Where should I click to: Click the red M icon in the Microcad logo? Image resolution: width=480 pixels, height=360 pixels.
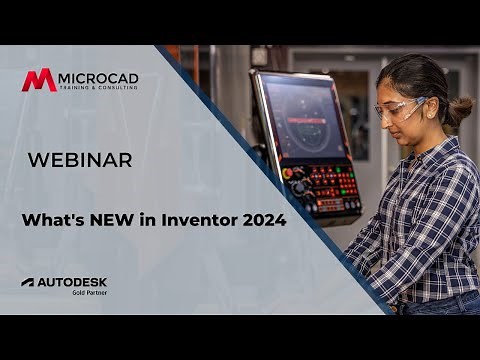coord(39,80)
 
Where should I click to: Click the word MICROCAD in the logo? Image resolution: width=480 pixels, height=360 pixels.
coord(98,76)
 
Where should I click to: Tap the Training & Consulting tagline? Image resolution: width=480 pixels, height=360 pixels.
coord(98,89)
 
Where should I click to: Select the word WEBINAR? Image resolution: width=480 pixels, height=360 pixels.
coord(79,160)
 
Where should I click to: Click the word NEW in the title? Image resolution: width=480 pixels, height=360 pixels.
coord(108,220)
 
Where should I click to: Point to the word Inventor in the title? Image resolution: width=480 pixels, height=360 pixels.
coord(196,220)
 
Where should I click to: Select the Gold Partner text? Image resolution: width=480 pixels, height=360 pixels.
coord(88,293)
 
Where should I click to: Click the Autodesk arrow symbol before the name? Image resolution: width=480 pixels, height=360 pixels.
coord(28,282)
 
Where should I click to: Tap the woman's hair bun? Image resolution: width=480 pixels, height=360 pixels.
coord(460,109)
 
